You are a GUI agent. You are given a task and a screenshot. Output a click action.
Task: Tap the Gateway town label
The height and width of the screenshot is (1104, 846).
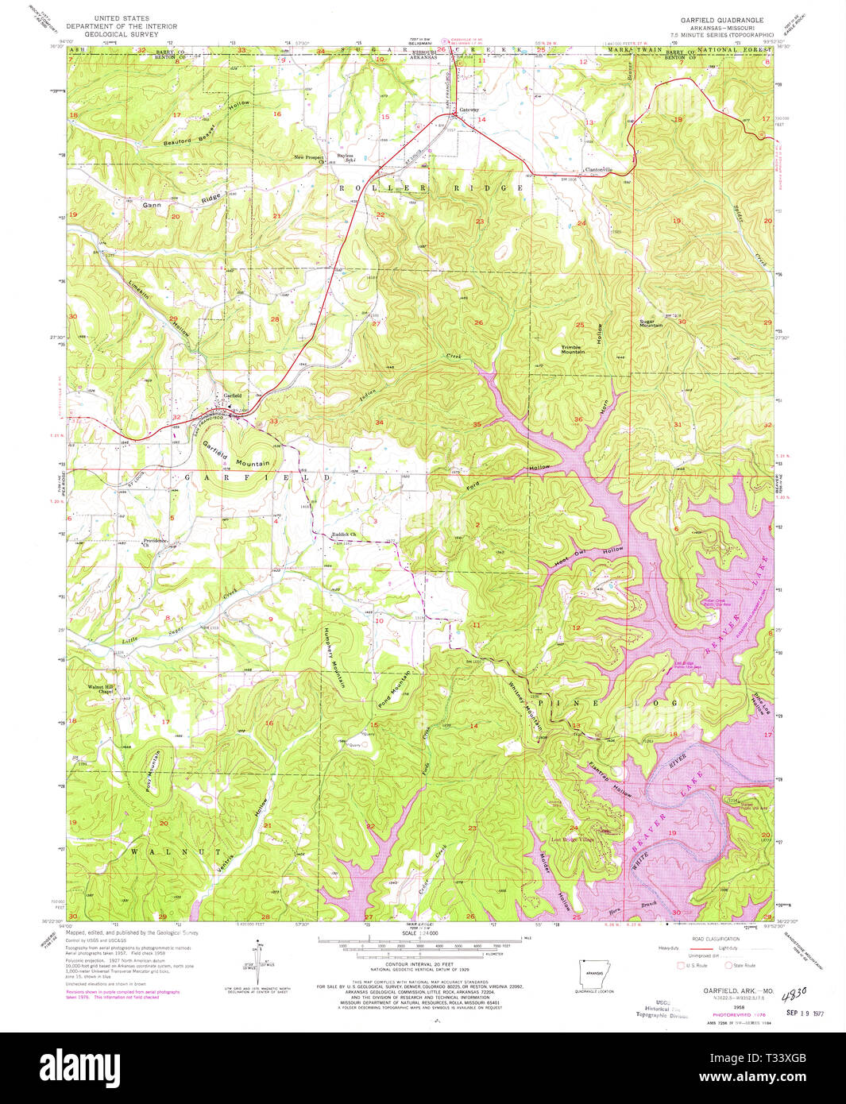click(469, 110)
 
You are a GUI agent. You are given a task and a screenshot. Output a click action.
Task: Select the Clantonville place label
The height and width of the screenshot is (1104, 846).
click(598, 169)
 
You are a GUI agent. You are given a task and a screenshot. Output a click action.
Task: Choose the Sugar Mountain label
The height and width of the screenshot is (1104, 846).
click(651, 323)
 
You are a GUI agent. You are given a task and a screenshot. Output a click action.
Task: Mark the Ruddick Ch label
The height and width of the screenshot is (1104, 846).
click(342, 535)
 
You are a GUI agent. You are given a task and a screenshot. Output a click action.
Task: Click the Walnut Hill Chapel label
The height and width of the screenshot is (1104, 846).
click(101, 689)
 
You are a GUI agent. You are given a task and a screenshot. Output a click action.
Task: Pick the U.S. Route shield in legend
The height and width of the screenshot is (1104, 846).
click(679, 966)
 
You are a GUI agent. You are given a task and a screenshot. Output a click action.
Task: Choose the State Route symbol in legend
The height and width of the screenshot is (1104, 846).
click(728, 966)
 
